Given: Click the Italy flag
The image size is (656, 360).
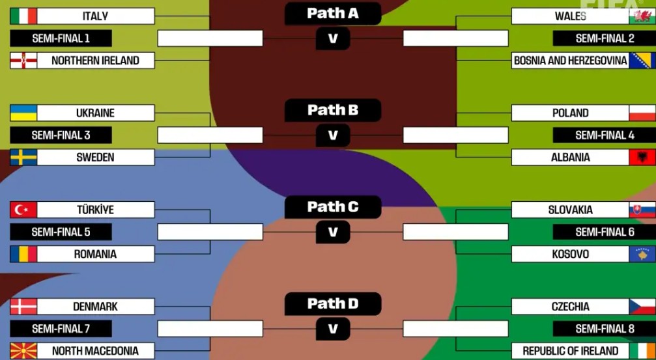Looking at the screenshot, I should click(23, 16).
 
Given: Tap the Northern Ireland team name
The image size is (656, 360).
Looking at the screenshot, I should click(95, 61).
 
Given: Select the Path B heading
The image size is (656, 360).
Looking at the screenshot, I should click(332, 110).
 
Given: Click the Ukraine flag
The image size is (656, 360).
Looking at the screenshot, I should click(23, 113).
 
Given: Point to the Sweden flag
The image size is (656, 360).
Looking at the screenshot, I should click(23, 157).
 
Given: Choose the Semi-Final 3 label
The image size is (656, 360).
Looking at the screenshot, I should click(61, 135).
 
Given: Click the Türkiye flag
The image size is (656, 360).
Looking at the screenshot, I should click(23, 210).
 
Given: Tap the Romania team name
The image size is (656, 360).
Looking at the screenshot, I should click(95, 254).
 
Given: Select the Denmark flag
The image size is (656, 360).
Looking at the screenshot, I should click(23, 307).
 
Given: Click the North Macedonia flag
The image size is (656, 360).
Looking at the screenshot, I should click(23, 351).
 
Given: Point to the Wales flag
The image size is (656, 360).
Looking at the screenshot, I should click(642, 16).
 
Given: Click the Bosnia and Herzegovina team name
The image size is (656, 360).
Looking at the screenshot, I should click(570, 61).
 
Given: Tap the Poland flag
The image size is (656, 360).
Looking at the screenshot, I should click(642, 113).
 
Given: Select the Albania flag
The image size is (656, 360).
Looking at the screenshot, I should click(642, 157).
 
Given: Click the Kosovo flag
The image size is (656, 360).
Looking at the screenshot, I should click(642, 254).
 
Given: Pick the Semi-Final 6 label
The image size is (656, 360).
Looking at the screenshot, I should click(605, 232).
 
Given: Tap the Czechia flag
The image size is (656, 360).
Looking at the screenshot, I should click(642, 307).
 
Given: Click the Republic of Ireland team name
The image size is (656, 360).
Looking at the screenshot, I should click(570, 351).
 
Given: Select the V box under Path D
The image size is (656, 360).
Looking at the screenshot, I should click(333, 329).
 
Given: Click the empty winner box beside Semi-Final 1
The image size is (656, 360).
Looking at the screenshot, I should click(210, 38).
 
